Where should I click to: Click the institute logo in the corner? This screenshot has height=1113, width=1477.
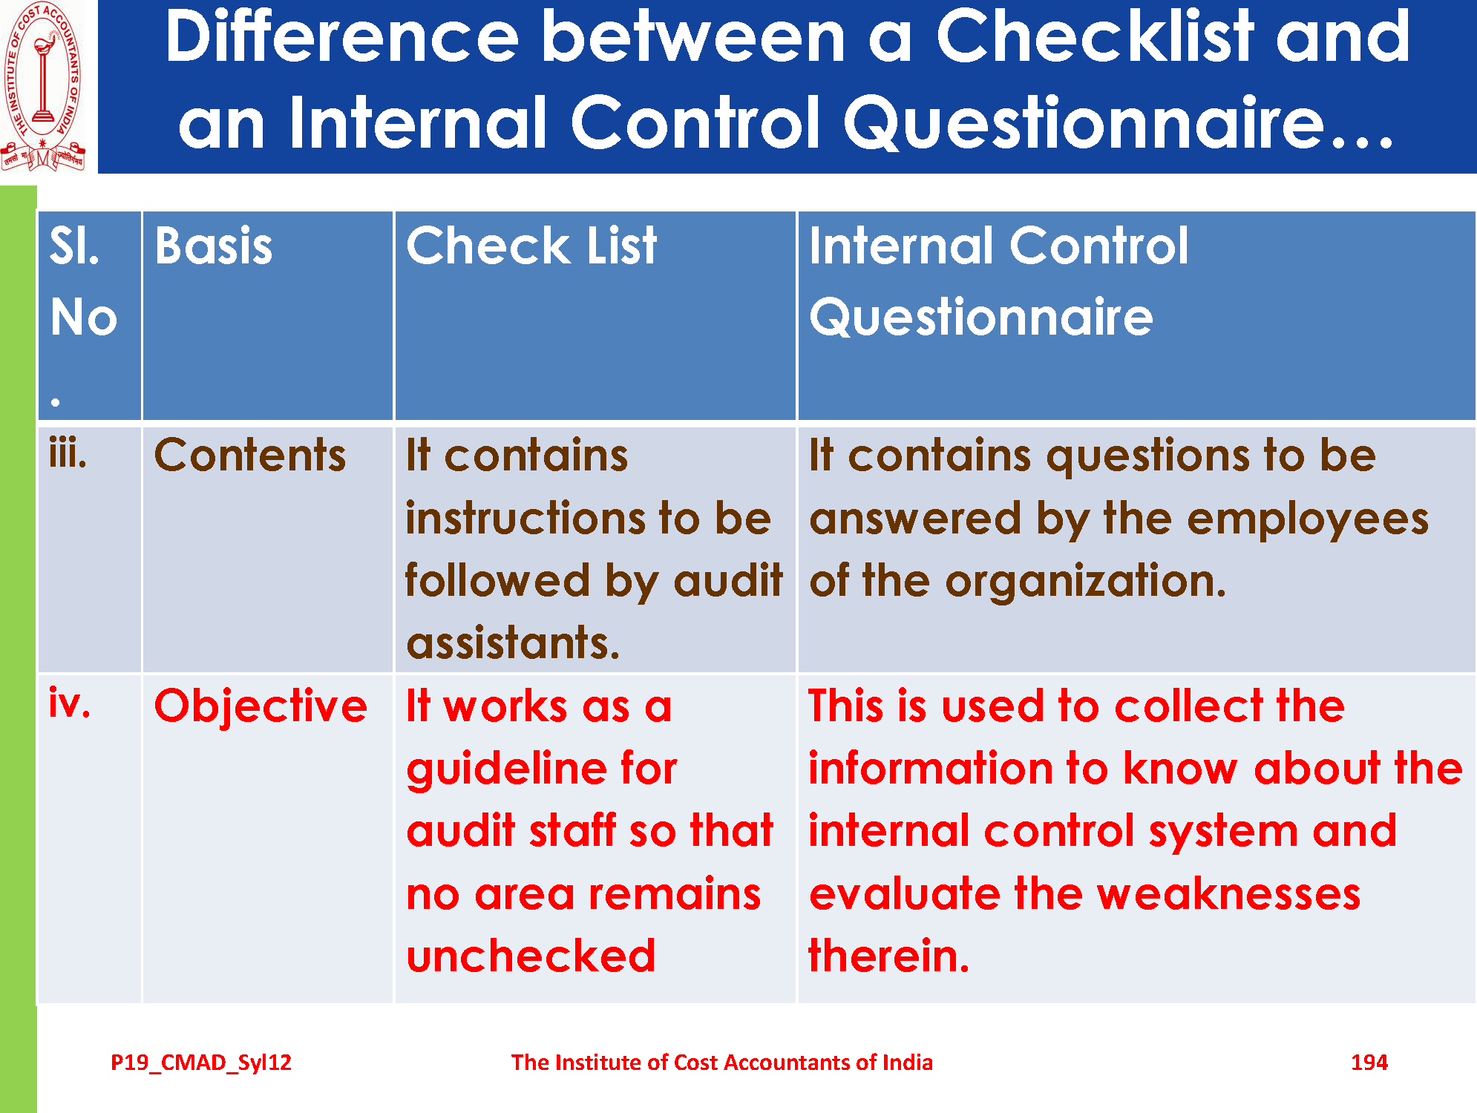[x=43, y=86]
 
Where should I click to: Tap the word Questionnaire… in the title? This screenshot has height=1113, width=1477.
[x=1118, y=122]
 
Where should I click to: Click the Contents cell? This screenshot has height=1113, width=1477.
[x=250, y=455]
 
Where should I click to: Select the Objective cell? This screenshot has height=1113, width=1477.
[x=261, y=705]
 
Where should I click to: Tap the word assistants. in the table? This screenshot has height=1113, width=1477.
[x=513, y=643]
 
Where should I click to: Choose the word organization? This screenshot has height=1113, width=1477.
[x=1085, y=582]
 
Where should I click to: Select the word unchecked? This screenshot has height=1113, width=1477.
[x=531, y=956]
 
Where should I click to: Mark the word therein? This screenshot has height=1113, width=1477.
[x=888, y=956]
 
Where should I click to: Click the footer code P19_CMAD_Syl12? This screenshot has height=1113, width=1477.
[x=201, y=1063]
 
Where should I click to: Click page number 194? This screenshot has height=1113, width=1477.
[x=1369, y=1063]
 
